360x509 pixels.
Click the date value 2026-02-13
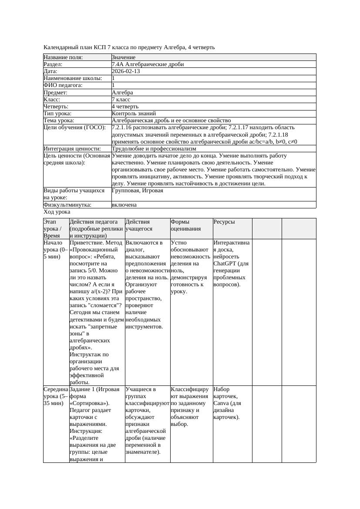pos(126,71)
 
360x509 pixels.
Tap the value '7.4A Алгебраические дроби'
pos(148,64)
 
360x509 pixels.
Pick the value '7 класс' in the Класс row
pos(121,100)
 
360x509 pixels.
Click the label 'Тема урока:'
pos(59,121)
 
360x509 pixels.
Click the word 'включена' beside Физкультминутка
pos(124,205)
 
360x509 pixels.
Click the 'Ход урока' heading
pos(57,212)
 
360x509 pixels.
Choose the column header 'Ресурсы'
pos(224,222)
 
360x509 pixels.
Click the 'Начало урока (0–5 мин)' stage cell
pos(56,250)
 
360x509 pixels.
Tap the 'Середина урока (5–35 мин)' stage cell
pos(56,396)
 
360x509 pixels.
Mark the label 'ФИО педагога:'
pos(63,86)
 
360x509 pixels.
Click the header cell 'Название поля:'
pos(63,57)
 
